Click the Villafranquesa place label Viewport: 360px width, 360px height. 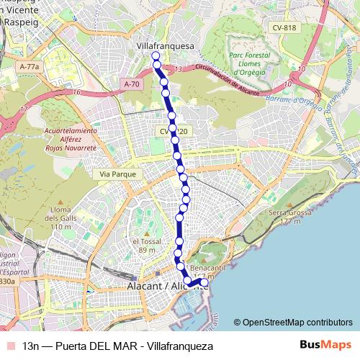[x=166, y=46]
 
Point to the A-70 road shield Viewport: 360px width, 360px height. [x=132, y=84]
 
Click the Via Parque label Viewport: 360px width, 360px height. [x=113, y=174]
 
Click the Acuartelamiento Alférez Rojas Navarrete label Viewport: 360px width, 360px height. [x=70, y=138]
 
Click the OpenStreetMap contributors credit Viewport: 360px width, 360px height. [x=296, y=322]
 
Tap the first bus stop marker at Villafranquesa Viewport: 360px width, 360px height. [x=156, y=55]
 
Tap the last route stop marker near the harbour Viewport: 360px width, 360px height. [x=204, y=284]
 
